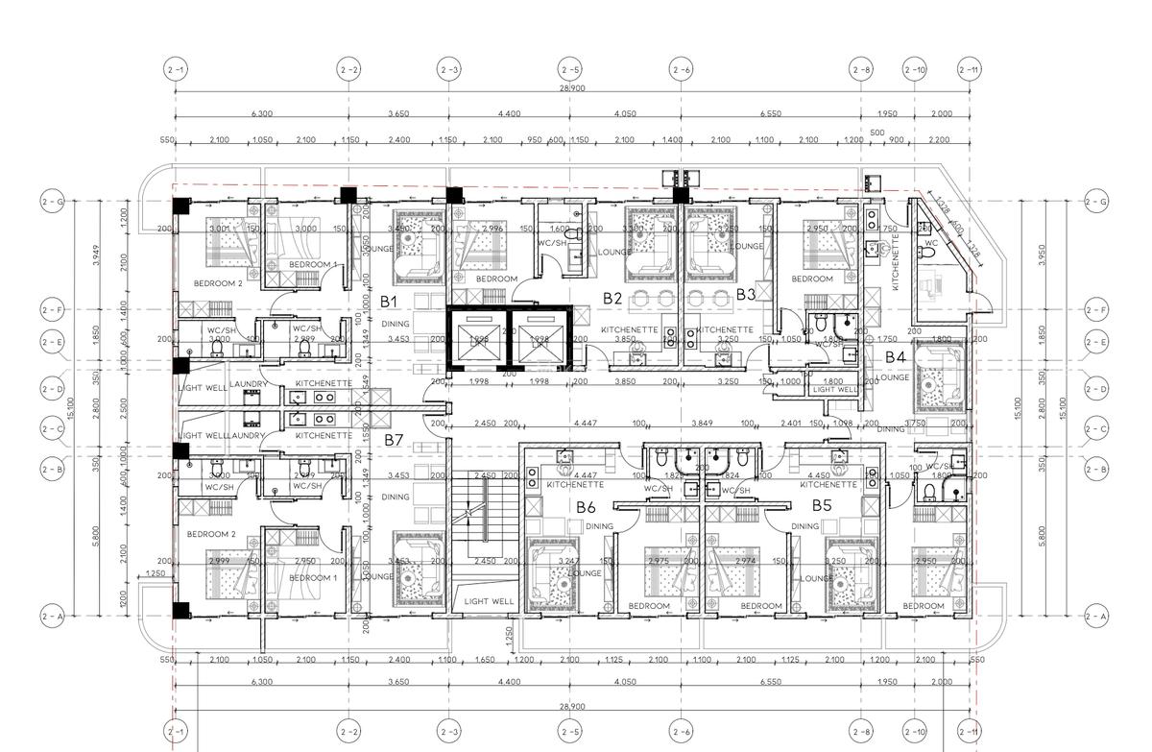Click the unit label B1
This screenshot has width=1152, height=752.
389,302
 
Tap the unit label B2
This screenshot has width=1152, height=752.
612,299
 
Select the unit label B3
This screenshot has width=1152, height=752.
747,294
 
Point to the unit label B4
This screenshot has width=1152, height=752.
896,356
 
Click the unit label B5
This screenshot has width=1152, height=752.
822,505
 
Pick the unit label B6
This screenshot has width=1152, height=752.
587,507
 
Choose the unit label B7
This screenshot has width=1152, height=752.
394,440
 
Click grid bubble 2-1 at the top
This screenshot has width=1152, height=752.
176,69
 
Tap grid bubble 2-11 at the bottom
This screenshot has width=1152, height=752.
970,730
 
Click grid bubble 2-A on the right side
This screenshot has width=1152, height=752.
1095,616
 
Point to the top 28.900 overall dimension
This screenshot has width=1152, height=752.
572,87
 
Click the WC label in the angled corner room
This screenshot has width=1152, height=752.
929,244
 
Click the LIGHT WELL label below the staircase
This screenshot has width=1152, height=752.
489,601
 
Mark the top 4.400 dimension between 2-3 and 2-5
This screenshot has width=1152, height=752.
509,114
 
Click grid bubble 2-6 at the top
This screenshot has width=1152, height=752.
681,69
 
